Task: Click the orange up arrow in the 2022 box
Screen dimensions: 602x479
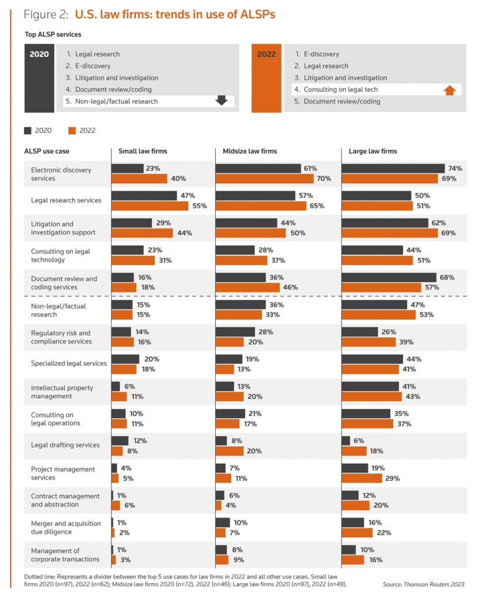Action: (450, 90)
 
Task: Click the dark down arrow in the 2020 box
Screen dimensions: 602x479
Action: (222, 101)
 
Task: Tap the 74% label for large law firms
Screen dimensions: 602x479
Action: (455, 168)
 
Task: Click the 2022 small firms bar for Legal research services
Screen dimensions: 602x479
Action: (150, 206)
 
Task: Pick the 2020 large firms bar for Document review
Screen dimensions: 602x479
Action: (388, 277)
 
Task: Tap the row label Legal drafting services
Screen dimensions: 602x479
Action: (65, 446)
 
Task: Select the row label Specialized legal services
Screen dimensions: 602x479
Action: (69, 363)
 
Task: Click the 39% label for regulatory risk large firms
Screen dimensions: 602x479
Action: (407, 342)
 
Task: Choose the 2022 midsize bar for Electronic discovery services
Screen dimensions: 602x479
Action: (264, 179)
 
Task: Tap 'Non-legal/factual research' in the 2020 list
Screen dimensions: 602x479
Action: (116, 101)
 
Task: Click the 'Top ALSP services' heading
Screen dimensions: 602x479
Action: (53, 35)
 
